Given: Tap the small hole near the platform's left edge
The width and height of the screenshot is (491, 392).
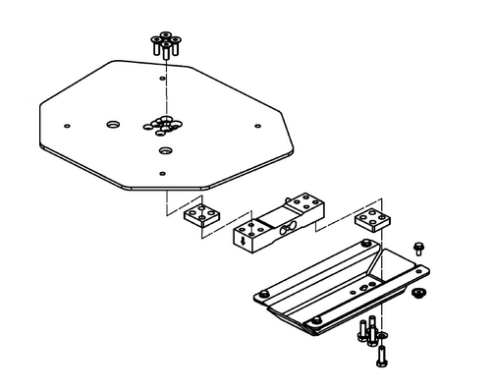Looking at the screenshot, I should pos(66,125).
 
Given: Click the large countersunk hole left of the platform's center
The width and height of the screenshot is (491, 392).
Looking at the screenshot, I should pos(113,125).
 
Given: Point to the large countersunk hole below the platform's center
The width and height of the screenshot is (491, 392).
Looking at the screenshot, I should pos(164,150).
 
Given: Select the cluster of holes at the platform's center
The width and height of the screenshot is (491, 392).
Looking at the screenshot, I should pos(162,124).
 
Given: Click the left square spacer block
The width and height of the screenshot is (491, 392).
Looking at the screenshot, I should pos(203,215).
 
